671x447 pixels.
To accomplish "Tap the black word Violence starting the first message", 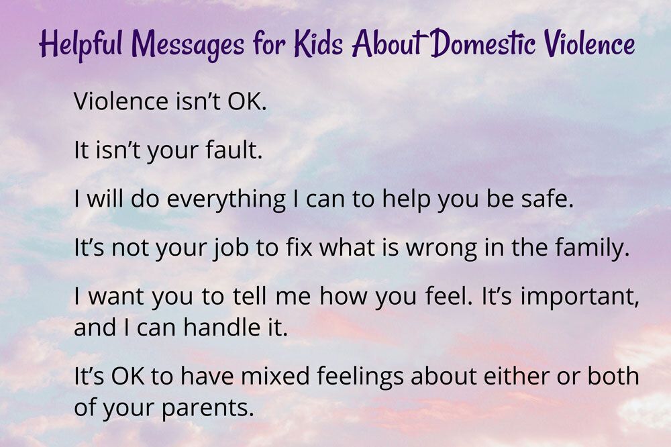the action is pyautogui.click(x=121, y=101).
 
